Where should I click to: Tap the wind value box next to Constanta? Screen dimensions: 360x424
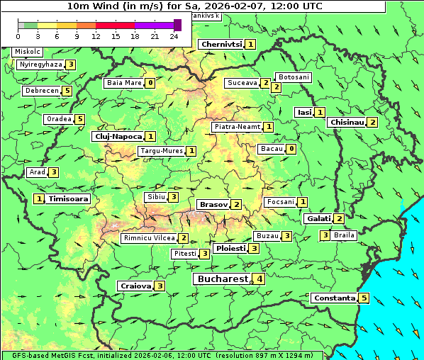tap(364, 298)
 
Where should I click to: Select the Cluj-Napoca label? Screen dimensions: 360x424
tap(118, 136)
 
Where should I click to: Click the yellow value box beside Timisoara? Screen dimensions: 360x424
tap(39, 199)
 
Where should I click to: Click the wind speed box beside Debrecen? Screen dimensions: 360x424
tap(67, 91)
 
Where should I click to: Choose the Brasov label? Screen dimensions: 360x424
tap(213, 204)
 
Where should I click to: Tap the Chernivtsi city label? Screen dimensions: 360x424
tap(221, 44)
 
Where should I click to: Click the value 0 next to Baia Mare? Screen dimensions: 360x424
tap(150, 83)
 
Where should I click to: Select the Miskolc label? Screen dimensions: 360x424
tap(27, 52)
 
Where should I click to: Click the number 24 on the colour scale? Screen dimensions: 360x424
tap(174, 36)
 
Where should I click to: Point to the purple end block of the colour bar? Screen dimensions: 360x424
tap(177, 25)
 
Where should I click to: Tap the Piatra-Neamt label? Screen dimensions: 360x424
tap(237, 127)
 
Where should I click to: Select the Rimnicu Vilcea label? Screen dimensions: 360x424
tap(148, 238)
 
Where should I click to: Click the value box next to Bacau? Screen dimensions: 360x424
tap(291, 149)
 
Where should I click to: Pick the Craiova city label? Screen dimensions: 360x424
tap(135, 286)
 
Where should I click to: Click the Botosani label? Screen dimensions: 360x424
tap(294, 77)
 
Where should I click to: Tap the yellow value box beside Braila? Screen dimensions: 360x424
tap(325, 235)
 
